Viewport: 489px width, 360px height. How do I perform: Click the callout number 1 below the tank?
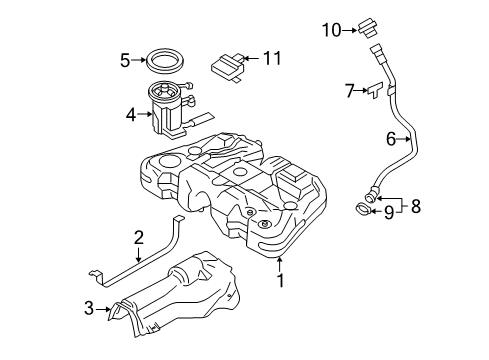[x=281, y=283]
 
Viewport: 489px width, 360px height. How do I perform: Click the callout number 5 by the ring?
[x=125, y=61]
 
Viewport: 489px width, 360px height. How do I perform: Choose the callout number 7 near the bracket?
[x=349, y=91]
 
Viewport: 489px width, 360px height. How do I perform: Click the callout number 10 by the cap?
[x=331, y=29]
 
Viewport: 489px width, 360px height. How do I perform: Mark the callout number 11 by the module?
[x=272, y=60]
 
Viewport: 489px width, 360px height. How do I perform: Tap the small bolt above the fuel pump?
[x=186, y=83]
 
